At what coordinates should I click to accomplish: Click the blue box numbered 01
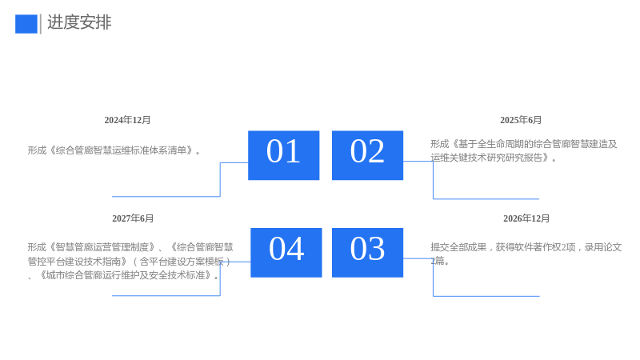pos(284,155)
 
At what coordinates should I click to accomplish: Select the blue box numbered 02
pos(367,155)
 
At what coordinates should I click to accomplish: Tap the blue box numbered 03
pos(367,253)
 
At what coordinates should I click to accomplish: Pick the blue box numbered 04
pos(286,253)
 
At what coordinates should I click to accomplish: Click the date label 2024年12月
pos(127,120)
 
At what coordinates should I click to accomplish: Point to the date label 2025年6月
pos(521,120)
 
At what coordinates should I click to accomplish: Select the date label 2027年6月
pos(133,218)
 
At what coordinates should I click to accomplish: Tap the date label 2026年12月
pos(526,218)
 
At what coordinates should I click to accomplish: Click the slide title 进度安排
pos(79,22)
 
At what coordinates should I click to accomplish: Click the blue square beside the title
pos(26,24)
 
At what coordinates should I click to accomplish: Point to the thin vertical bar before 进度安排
pos(41,24)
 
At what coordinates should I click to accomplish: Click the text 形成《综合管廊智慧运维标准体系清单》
pos(114,150)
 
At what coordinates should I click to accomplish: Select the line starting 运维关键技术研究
pos(494,158)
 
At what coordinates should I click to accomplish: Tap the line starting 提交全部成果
pos(526,247)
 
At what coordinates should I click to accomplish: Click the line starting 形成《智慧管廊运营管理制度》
pos(130,247)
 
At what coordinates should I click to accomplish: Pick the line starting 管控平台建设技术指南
pos(130,262)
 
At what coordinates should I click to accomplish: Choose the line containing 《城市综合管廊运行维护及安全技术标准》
pos(123,275)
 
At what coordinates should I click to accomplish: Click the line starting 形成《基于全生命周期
pos(524,144)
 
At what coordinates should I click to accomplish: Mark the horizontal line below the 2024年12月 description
pos(166,196)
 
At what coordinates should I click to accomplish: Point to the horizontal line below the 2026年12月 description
pos(486,296)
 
